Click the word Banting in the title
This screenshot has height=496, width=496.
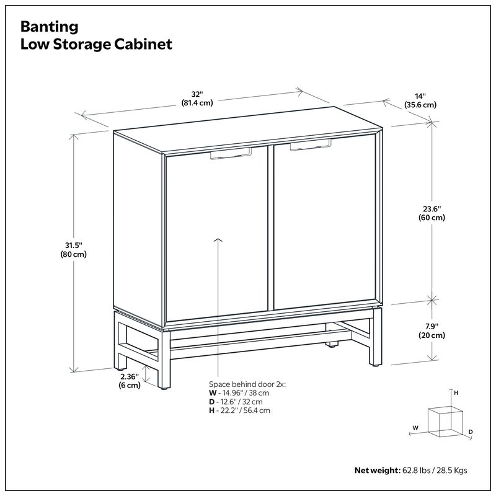pos(50,27)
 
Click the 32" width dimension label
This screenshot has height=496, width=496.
pos(197,98)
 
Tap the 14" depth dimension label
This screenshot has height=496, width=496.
pos(420,100)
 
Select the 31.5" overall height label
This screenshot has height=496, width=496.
pos(73,249)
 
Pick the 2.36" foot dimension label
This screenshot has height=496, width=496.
pos(129,380)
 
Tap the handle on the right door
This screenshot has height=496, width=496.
pos(310,146)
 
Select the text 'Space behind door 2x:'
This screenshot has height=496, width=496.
pos(247,384)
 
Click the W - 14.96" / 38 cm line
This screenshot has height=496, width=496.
pos(239,393)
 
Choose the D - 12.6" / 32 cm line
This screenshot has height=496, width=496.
pos(236,402)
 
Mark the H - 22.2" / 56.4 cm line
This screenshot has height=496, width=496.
pos(239,410)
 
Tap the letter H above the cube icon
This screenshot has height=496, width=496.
pos(456,393)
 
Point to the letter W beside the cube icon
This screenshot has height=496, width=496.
pos(415,427)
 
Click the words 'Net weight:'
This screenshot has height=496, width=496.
pos(376,470)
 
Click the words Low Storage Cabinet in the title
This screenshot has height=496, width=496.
pos(96,45)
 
